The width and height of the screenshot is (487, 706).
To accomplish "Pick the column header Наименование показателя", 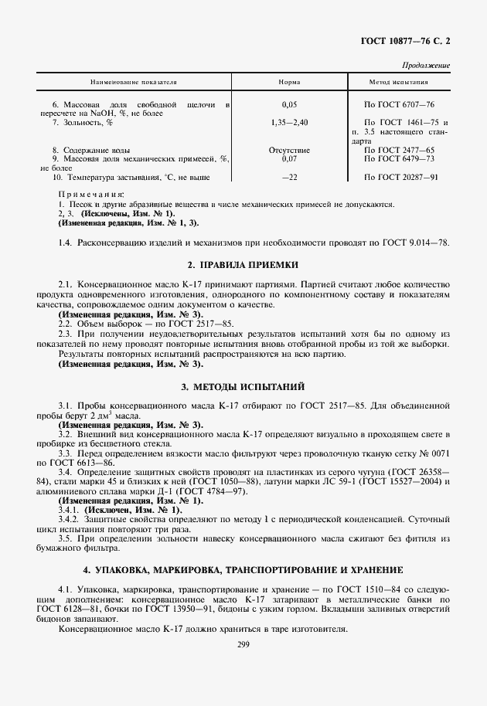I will [134, 81].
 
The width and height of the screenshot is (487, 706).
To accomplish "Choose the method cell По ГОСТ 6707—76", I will [399, 104].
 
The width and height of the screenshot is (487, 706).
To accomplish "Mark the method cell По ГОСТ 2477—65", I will [399, 149].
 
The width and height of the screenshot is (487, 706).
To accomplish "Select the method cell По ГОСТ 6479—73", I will [399, 158].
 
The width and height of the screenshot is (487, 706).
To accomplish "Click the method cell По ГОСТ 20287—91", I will [401, 177].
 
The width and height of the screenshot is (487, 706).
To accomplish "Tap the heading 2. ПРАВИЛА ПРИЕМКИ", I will [243, 263].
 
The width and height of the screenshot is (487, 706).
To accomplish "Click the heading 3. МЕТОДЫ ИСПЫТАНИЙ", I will [243, 385].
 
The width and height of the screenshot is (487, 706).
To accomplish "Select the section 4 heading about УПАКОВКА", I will [243, 569].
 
